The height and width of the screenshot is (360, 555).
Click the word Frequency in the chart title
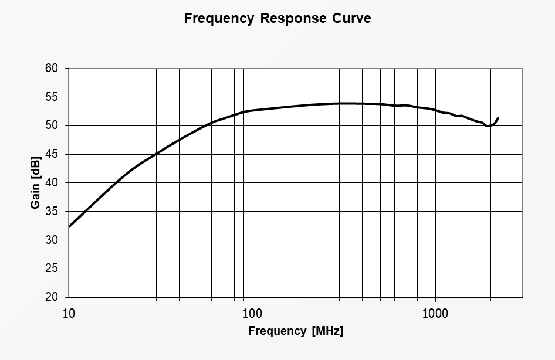[x=219, y=18]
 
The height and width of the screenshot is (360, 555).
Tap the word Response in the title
[x=293, y=18]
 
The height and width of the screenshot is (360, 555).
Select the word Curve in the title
[x=351, y=18]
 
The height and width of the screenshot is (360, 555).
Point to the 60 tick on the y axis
[x=51, y=68]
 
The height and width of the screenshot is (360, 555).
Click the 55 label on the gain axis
[x=51, y=97]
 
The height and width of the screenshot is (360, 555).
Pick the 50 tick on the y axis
[x=51, y=125]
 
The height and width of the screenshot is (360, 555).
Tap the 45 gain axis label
[x=51, y=154]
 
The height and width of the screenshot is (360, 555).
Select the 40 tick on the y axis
[x=51, y=183]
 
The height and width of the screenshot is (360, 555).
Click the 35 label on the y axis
[x=51, y=212]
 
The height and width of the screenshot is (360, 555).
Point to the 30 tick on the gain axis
[x=51, y=240]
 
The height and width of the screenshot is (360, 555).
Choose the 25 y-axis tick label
[x=51, y=269]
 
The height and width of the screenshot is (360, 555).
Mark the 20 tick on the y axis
[x=51, y=297]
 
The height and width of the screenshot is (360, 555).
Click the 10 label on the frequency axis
[x=69, y=313]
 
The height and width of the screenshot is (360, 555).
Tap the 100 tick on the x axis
[x=252, y=313]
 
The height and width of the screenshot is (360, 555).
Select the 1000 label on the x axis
[x=435, y=313]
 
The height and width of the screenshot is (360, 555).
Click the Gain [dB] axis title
[x=35, y=183]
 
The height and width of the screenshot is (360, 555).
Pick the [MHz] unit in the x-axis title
[x=328, y=331]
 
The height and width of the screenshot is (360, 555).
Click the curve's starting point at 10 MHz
[x=69, y=227]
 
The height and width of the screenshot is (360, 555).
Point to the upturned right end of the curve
[x=498, y=118]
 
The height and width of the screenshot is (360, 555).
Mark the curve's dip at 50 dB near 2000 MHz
[x=488, y=125]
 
